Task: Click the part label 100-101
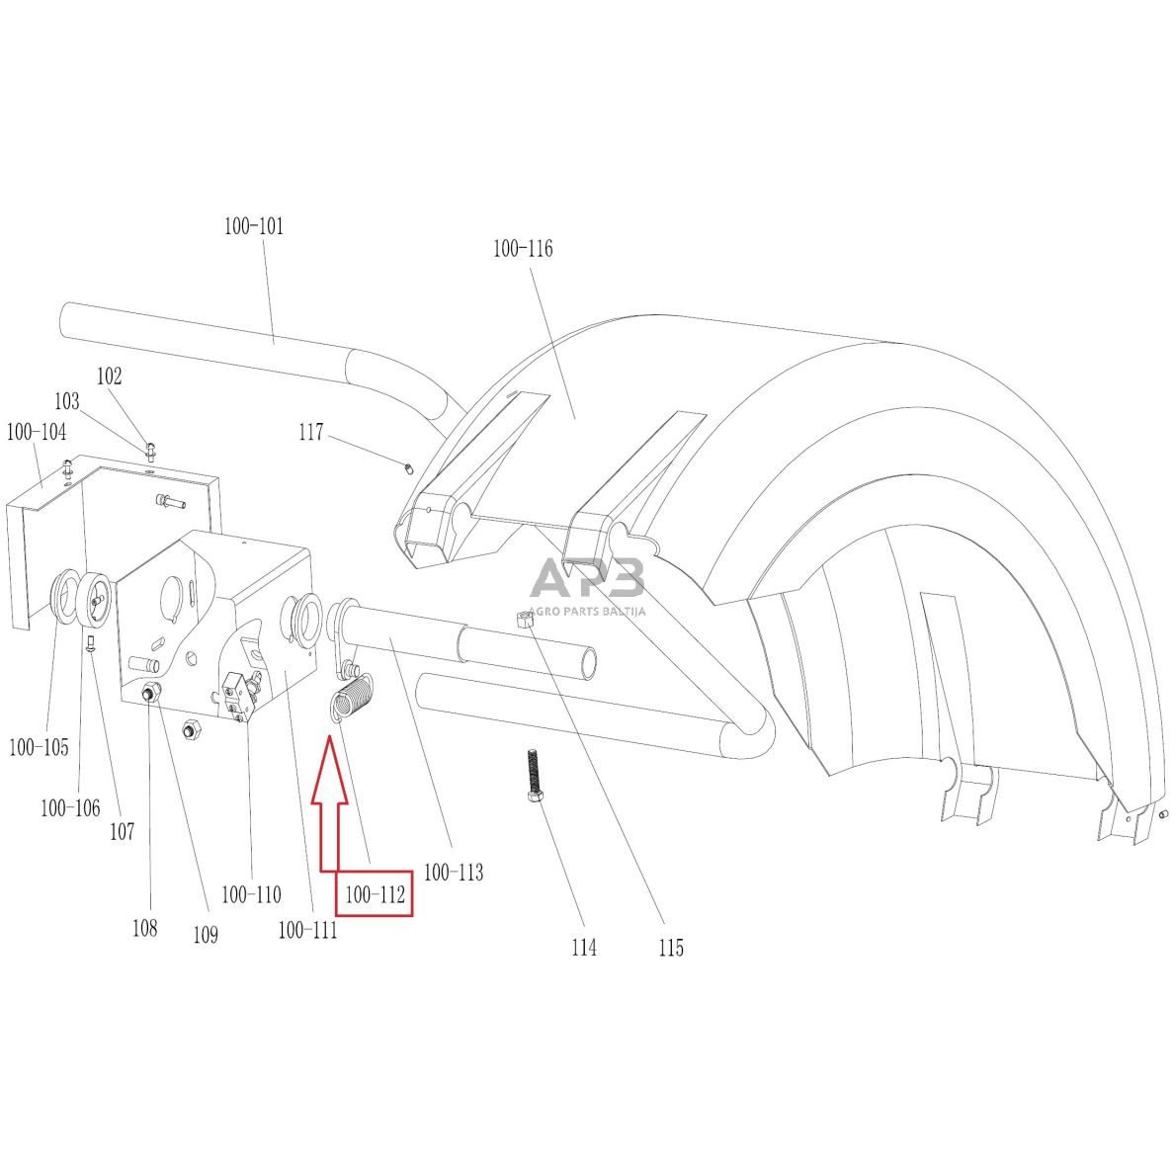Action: pos(253,226)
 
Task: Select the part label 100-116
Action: pos(523,249)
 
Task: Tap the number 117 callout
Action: pos(310,433)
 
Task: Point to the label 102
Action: pos(109,377)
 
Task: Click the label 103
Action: pos(66,402)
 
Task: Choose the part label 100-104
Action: pos(37,432)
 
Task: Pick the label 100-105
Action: pos(39,748)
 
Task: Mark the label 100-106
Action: pos(70,808)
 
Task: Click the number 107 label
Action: pos(122,832)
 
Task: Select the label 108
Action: pos(144,928)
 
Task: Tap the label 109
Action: pos(205,935)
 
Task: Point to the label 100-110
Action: pos(251,895)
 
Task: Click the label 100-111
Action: pos(307,930)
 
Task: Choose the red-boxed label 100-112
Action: pos(375,896)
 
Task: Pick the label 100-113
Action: pos(454,873)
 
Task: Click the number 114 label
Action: pos(584,948)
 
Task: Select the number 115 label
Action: pos(670,948)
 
